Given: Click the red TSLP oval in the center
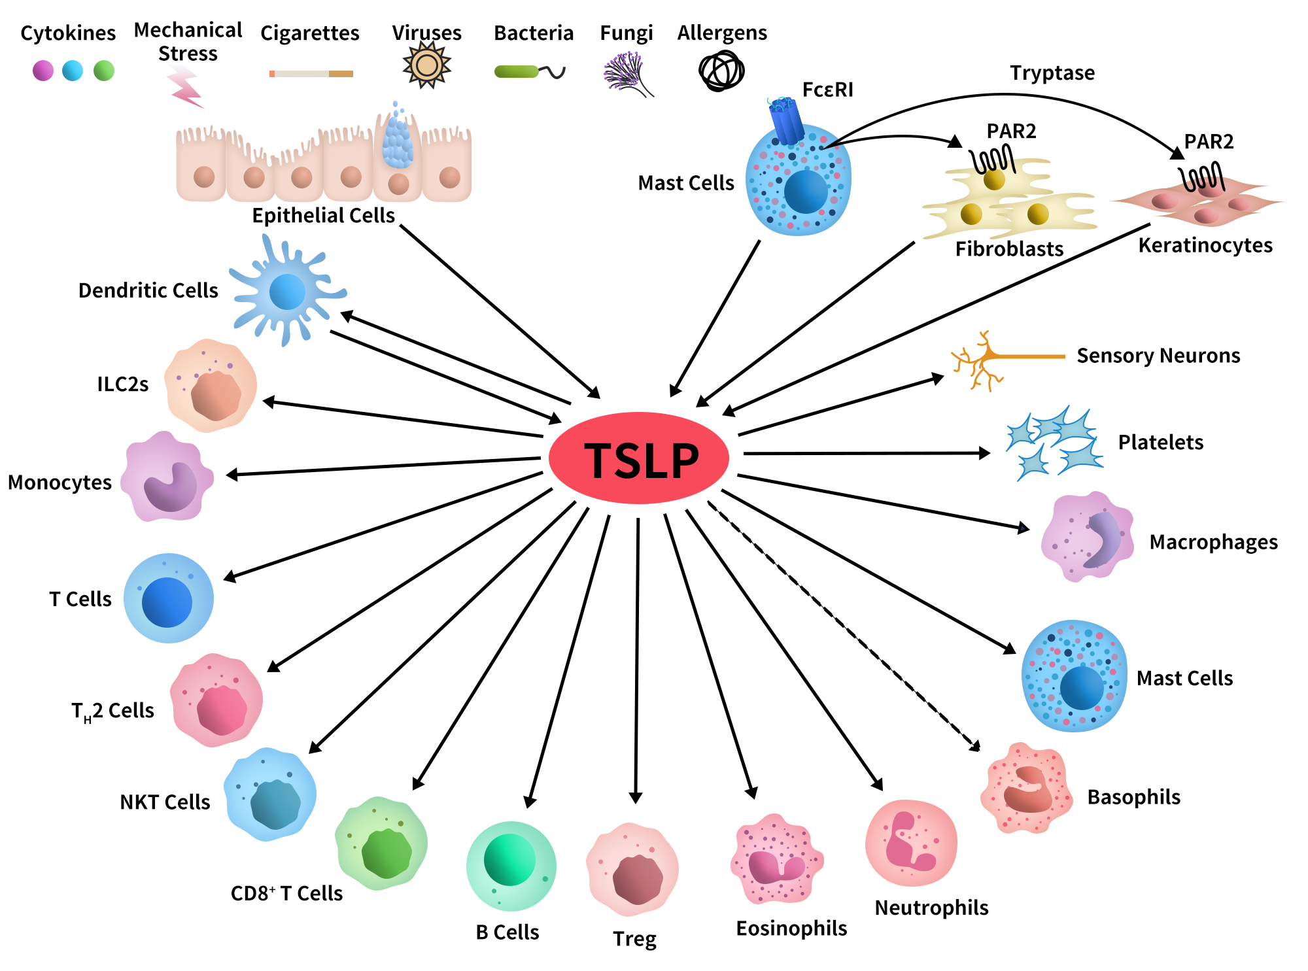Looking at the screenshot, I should (638, 458).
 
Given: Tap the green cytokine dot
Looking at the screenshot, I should (104, 71).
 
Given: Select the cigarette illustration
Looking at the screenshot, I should (311, 74).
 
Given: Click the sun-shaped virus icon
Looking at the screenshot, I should (426, 65).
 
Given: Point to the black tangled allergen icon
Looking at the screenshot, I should (721, 71).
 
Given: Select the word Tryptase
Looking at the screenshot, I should (1052, 73).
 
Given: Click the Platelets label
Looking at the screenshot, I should (1160, 443).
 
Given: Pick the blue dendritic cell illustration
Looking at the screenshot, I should (286, 292).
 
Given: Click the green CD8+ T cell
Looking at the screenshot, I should (382, 843).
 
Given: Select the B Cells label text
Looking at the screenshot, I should (507, 932).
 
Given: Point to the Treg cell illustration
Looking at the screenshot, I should (632, 870).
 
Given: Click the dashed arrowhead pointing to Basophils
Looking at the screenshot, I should (975, 746).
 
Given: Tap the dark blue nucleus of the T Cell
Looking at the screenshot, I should (167, 602).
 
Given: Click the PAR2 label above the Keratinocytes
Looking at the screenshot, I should (1209, 142).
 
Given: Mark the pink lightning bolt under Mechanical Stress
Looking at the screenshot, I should (186, 88).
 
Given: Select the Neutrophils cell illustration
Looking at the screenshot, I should (911, 843).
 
